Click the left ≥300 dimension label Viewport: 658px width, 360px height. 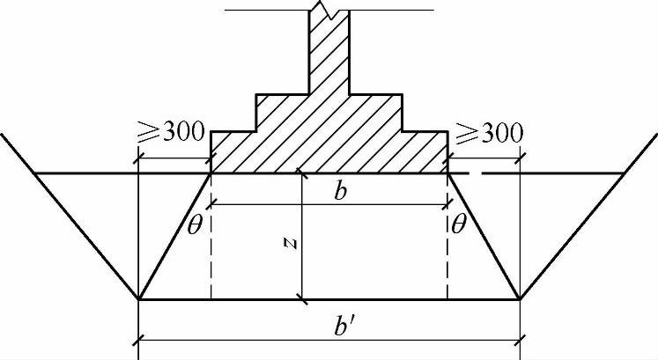171,136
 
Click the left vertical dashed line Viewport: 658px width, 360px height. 211,255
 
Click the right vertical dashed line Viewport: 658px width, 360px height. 447,255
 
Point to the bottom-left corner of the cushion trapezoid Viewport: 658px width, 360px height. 139,299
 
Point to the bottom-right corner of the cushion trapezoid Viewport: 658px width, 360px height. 520,299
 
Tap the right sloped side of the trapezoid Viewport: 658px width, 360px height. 483,235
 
